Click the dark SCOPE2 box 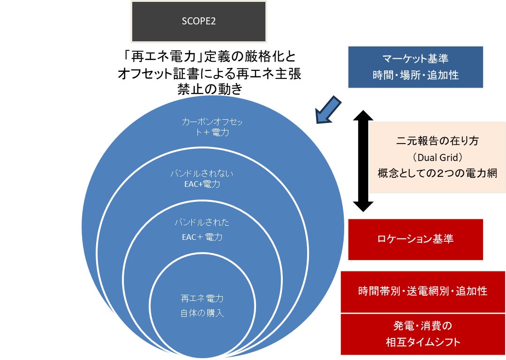[199, 21]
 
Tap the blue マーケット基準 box [415, 67]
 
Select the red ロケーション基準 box [415, 239]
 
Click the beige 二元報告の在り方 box [437, 158]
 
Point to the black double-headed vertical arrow [363, 161]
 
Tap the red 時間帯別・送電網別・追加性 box [423, 291]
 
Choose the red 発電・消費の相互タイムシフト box [423, 334]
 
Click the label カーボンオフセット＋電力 [212, 127]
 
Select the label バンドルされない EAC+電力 [202, 179]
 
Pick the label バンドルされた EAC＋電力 [202, 230]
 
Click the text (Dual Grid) [437, 157]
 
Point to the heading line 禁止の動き [209, 89]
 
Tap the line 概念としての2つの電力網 [437, 173]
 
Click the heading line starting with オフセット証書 [209, 73]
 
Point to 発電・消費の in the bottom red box [422, 326]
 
